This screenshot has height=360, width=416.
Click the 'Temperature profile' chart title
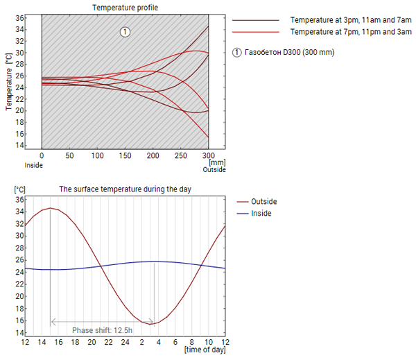click(125, 7)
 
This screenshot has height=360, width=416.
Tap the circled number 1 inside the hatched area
click(125, 31)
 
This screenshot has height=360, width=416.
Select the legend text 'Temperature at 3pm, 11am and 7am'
click(345, 21)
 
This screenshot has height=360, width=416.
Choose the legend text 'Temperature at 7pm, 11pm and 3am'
click(345, 32)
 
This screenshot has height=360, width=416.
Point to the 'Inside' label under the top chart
click(34, 165)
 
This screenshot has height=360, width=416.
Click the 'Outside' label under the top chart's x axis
click(214, 169)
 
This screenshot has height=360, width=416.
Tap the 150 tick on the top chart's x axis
click(125, 156)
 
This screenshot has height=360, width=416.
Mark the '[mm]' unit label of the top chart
click(217, 162)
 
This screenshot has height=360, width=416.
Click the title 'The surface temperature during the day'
click(125, 189)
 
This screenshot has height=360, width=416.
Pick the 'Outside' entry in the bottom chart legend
click(264, 201)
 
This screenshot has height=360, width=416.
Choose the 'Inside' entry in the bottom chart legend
click(261, 213)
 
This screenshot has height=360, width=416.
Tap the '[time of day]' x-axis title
click(205, 350)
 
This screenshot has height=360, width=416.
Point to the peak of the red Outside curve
click(50, 208)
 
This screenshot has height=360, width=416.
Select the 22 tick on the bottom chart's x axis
click(108, 342)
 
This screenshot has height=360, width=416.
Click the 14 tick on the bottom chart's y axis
click(20, 333)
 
